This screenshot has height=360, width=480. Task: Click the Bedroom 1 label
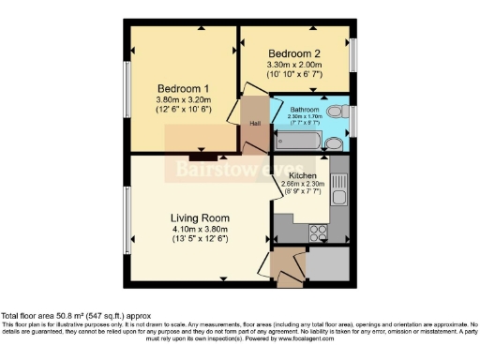183,78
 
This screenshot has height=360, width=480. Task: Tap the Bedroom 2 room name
295,52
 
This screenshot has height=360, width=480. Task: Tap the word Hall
255,123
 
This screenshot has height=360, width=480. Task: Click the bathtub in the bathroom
301,142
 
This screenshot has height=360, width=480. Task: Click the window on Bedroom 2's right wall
353,56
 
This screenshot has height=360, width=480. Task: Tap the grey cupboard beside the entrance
327,270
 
